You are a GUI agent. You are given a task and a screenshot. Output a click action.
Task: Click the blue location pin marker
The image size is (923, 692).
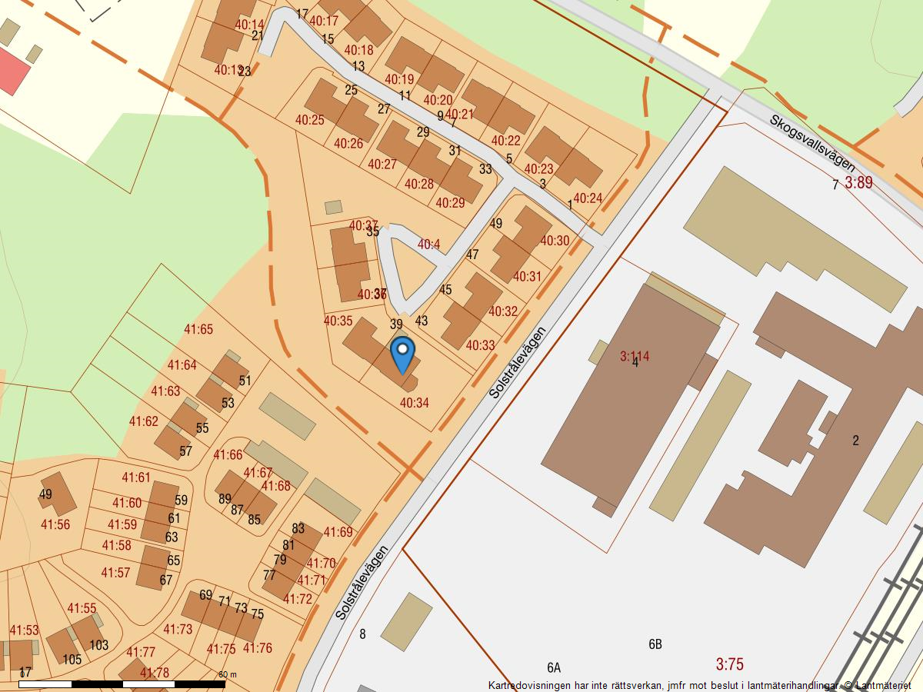402,354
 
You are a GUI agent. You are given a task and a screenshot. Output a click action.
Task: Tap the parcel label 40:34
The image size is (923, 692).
415,403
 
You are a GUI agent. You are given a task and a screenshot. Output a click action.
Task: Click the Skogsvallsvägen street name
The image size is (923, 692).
812,144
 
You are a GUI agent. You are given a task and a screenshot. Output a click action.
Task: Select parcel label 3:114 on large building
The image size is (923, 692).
635,356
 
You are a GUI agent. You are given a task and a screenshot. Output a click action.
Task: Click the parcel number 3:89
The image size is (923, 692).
858,182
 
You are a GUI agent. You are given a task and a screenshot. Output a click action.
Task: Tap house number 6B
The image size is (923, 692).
655,644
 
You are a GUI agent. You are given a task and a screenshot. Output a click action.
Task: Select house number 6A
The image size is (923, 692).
554,667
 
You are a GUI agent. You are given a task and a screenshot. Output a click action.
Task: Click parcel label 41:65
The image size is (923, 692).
198,330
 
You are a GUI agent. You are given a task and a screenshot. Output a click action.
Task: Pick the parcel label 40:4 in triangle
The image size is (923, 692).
428,245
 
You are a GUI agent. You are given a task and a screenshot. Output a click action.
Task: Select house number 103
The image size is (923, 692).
98,645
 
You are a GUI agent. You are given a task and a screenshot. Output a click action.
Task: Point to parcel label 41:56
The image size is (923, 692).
55,525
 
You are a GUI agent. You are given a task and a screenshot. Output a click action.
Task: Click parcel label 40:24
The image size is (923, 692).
588,198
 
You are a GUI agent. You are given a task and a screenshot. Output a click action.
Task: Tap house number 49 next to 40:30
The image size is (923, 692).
496,224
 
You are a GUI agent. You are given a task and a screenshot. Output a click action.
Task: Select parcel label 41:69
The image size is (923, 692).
338,532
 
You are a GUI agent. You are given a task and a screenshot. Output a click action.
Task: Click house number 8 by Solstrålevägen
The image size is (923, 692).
362,634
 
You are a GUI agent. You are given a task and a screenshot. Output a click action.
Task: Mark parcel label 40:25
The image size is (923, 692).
309,120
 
